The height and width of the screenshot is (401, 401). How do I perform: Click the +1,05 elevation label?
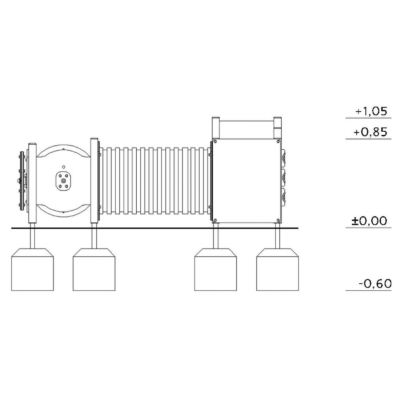(x=371, y=112)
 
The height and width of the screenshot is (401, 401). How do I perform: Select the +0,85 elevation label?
(x=370, y=132)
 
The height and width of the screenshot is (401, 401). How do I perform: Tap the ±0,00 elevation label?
(x=369, y=221)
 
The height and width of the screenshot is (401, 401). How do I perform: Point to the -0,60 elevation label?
(x=375, y=284)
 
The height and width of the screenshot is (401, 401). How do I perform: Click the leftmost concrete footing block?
(x=32, y=269)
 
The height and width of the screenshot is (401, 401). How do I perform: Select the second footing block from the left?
(x=94, y=269)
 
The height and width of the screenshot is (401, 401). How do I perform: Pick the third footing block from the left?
(x=216, y=269)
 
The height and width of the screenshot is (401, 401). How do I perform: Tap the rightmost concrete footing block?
(x=278, y=269)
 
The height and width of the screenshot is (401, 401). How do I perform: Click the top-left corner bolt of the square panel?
(x=215, y=142)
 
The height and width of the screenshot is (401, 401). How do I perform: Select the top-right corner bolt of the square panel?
(x=278, y=142)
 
